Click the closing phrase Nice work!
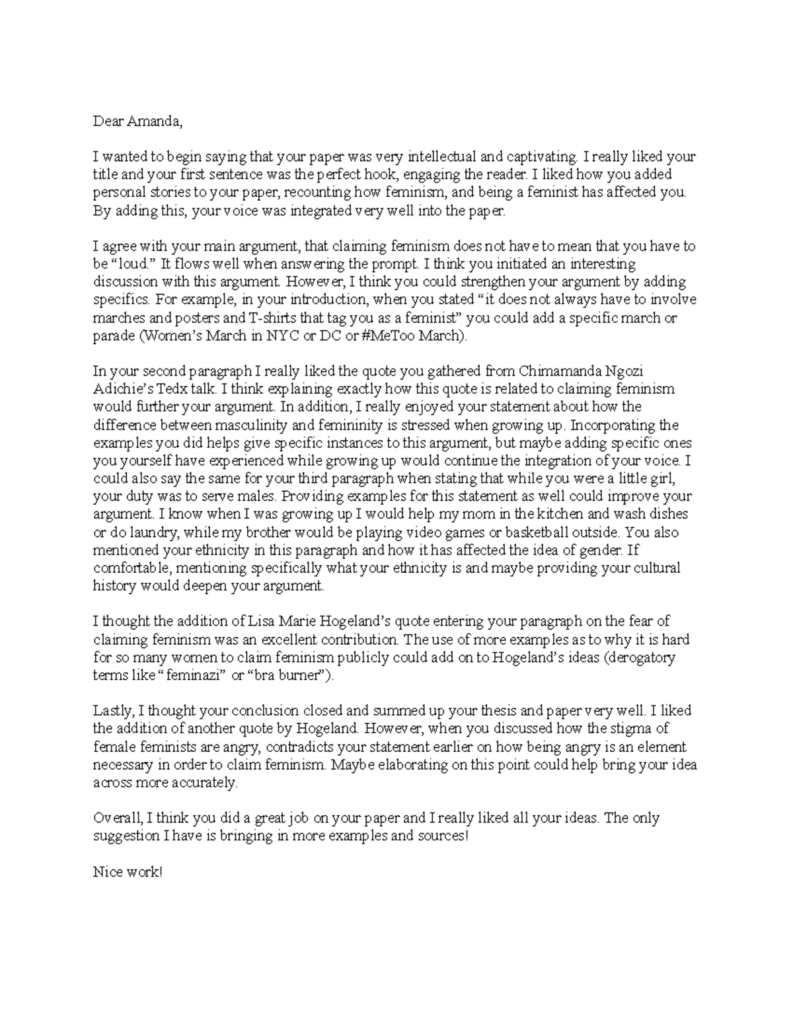coord(127,873)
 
